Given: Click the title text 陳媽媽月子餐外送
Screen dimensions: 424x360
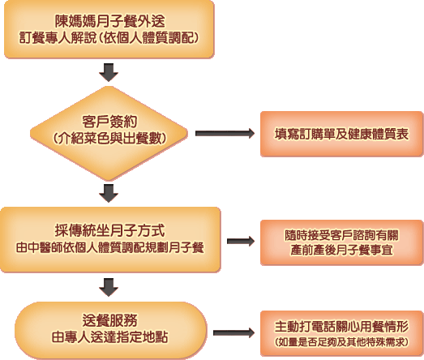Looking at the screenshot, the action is tap(109, 21).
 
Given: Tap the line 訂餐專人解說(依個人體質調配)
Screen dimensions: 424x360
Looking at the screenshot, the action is tap(109, 38).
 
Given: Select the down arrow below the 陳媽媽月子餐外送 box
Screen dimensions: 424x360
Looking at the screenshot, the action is tap(109, 72).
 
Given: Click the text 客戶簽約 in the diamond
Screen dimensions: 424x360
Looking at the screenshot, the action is tap(109, 122).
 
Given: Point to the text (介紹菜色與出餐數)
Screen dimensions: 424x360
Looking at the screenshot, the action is tap(109, 139).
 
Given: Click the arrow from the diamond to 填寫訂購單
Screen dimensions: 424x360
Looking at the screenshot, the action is tap(225, 133).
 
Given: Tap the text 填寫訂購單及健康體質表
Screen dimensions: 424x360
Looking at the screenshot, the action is tap(341, 134).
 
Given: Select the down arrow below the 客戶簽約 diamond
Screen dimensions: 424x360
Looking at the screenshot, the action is tap(109, 194).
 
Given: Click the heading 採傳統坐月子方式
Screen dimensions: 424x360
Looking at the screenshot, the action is tap(109, 230).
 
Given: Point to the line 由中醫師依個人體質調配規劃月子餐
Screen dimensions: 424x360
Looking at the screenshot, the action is tap(109, 248).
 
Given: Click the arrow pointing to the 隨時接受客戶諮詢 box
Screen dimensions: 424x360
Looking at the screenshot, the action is tap(241, 242).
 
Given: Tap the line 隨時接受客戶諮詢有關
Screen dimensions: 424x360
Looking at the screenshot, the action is tap(341, 235).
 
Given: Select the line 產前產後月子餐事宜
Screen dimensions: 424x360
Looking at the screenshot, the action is tap(341, 250).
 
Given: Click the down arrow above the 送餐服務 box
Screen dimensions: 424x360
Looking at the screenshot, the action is tap(109, 287).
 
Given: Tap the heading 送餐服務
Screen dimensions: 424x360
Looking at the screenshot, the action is tap(109, 320).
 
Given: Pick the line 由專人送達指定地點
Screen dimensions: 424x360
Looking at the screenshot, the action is tap(109, 337).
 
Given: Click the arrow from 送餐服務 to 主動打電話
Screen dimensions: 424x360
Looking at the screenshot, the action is tap(234, 332).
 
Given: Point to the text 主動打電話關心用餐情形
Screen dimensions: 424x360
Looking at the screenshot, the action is tap(341, 327).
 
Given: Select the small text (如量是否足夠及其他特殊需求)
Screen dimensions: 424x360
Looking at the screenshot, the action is tap(341, 342).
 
